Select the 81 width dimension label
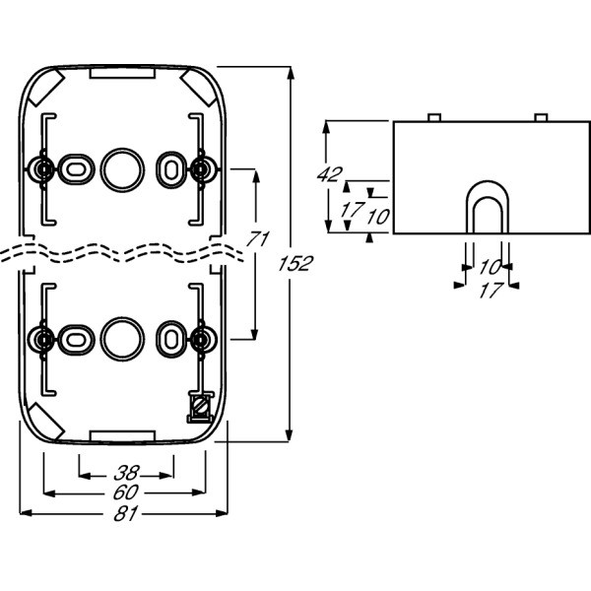[x=124, y=512]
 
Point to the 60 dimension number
[x=124, y=492]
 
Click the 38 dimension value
[x=124, y=471]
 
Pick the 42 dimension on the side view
[x=329, y=175]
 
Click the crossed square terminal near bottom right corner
[x=199, y=405]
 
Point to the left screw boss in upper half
[x=42, y=168]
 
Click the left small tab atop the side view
[x=433, y=117]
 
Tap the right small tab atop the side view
[x=540, y=117]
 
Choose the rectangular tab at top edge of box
[x=122, y=71]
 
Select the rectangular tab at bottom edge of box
[x=122, y=433]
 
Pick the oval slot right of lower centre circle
[x=170, y=338]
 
